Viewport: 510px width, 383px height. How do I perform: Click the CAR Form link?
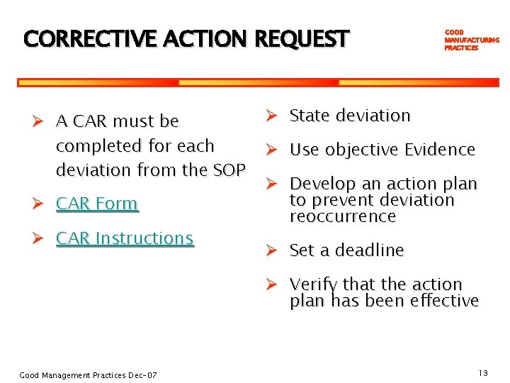(x=96, y=204)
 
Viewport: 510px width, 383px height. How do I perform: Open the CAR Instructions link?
(x=124, y=238)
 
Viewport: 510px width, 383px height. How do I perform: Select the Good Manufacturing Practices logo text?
(x=470, y=40)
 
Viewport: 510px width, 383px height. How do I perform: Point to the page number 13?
(x=483, y=373)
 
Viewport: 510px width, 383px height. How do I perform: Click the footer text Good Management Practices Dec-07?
(x=88, y=374)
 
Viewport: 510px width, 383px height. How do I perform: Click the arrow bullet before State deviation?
(x=273, y=115)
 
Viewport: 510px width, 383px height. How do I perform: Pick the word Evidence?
(x=439, y=150)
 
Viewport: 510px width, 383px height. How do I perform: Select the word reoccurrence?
(x=342, y=216)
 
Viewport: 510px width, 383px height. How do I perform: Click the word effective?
(x=443, y=301)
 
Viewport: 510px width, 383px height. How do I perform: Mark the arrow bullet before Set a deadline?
(x=273, y=250)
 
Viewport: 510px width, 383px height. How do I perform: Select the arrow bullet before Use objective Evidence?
(x=273, y=150)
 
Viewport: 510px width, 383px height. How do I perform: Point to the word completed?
(x=94, y=146)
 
